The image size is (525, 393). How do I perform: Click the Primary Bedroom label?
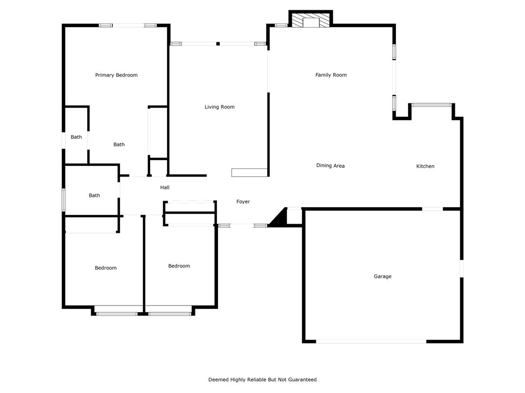116,75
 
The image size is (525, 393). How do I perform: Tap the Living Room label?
219,107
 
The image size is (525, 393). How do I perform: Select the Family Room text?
331,75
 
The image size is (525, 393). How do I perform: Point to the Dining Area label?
330,166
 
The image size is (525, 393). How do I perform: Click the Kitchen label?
425,166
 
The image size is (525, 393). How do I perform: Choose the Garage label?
382,276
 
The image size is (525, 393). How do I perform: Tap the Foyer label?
243,202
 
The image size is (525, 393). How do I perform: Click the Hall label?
165,188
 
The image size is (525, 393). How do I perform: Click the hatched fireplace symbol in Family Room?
311,20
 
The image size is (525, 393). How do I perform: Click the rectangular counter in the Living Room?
250,172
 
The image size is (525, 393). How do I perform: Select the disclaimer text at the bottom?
262,380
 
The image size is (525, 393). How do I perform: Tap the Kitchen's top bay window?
432,105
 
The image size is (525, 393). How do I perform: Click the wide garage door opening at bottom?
371,341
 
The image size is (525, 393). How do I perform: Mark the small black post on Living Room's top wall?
218,44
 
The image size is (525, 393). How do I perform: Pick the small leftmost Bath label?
76,137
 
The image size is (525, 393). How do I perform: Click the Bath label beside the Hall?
94,195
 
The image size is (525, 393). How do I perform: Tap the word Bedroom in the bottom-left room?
106,268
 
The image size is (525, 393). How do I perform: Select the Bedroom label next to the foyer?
179,266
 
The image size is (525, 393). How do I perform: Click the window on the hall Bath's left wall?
64,200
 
